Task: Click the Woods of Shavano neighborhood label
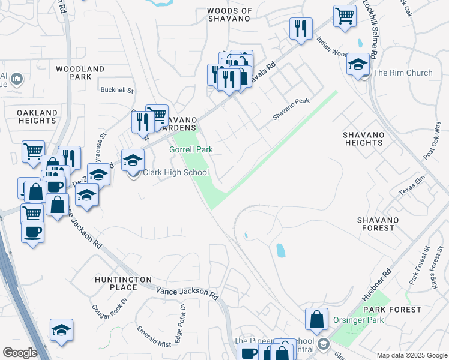pyautogui.click(x=229, y=15)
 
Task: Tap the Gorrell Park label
pyautogui.click(x=191, y=149)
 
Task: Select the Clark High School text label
pyautogui.click(x=175, y=173)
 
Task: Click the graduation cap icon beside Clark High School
pyautogui.click(x=133, y=161)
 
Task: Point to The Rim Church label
pyautogui.click(x=403, y=73)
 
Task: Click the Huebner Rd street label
pyautogui.click(x=377, y=286)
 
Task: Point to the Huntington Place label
pyautogui.click(x=123, y=284)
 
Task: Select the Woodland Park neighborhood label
pyautogui.click(x=80, y=73)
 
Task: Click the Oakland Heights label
pyautogui.click(x=37, y=116)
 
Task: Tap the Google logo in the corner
pyautogui.click(x=20, y=352)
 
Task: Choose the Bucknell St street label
pyautogui.click(x=117, y=90)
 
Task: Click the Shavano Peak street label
pyautogui.click(x=291, y=110)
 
